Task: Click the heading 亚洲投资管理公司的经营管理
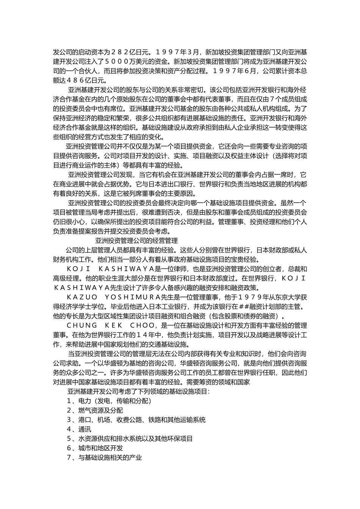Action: [136, 240]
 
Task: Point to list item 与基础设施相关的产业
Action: [110, 457]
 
